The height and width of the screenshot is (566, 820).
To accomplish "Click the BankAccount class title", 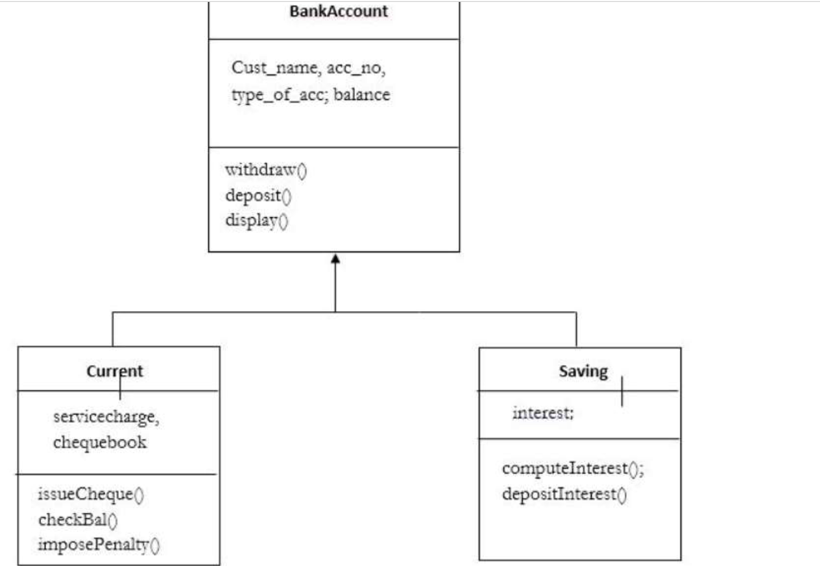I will (x=339, y=11).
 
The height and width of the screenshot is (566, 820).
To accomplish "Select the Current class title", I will (x=115, y=371).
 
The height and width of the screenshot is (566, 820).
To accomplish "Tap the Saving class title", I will (x=583, y=371).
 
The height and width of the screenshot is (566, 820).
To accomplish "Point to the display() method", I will (x=256, y=220).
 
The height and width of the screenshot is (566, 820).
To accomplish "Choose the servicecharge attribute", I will (x=106, y=418).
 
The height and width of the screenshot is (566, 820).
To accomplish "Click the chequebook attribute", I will (x=100, y=443).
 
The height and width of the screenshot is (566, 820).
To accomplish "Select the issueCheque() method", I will (x=91, y=494).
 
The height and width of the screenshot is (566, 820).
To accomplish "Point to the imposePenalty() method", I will (x=99, y=544).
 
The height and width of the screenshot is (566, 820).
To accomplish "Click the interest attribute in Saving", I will (x=542, y=413).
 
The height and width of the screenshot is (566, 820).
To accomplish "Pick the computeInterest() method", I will (x=573, y=469).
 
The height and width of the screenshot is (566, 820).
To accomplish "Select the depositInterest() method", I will (x=565, y=495).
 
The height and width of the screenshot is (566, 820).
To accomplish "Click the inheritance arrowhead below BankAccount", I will (x=335, y=259).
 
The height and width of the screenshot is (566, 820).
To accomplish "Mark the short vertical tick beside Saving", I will (x=621, y=391).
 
